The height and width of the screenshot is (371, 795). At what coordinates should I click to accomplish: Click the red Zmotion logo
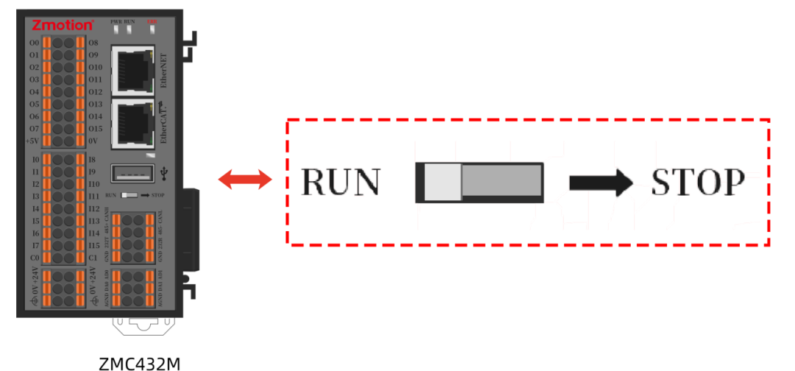pyautogui.click(x=62, y=25)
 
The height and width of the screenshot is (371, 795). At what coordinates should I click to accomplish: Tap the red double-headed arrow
pyautogui.click(x=245, y=180)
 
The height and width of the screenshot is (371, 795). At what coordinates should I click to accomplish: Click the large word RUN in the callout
pyautogui.click(x=342, y=183)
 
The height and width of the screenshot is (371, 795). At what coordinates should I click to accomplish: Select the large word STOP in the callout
pyautogui.click(x=696, y=183)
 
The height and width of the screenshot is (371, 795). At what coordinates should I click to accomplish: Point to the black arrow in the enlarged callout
pyautogui.click(x=601, y=182)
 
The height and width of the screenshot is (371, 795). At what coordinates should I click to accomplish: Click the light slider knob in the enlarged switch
pyautogui.click(x=442, y=182)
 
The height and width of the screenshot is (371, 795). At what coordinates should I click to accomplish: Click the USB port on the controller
pyautogui.click(x=132, y=174)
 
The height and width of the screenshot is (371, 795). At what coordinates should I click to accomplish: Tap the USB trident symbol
pyautogui.click(x=163, y=174)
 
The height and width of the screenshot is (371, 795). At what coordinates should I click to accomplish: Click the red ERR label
pyautogui.click(x=152, y=22)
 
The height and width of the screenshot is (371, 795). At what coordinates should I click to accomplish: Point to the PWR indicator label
pyautogui.click(x=116, y=22)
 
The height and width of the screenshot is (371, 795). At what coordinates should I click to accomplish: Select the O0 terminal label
pyautogui.click(x=34, y=43)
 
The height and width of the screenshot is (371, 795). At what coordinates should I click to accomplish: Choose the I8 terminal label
pyautogui.click(x=91, y=160)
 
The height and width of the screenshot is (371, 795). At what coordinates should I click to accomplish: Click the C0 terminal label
pyautogui.click(x=34, y=258)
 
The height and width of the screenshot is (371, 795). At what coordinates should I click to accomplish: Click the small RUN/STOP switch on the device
pyautogui.click(x=130, y=196)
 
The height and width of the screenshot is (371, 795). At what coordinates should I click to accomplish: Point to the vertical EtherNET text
pyautogui.click(x=164, y=71)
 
